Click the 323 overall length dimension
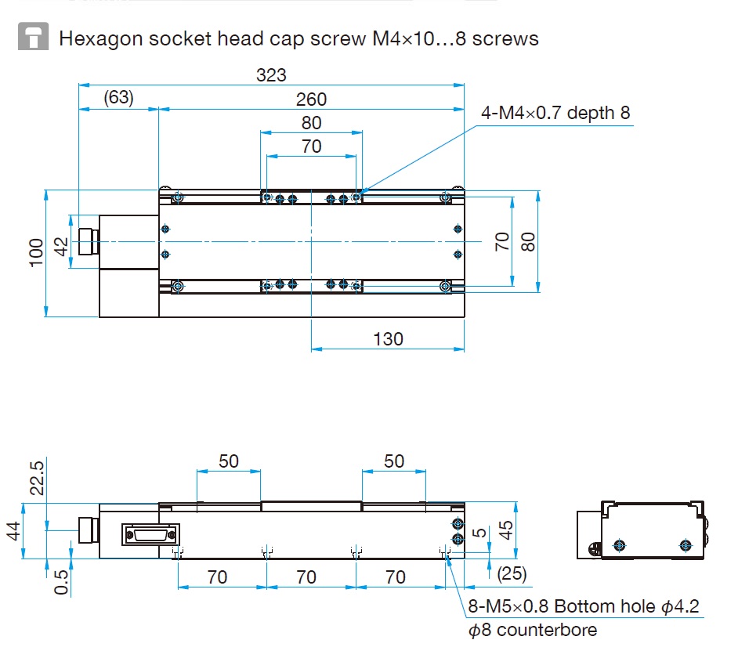(x=271, y=75)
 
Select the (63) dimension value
(x=118, y=97)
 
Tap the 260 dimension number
(x=311, y=99)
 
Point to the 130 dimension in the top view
(x=388, y=339)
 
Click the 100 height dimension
(x=36, y=253)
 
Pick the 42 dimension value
(x=61, y=247)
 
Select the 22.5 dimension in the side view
(x=37, y=478)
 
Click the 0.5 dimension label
(x=61, y=582)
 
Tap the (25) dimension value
(x=512, y=573)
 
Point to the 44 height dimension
(x=13, y=531)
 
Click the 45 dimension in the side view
(x=506, y=530)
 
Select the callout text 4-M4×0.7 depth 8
(x=555, y=113)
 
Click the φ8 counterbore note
(x=533, y=630)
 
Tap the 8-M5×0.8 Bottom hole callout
(x=584, y=606)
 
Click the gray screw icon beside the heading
(x=33, y=36)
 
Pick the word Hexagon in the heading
(x=101, y=38)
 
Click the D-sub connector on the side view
(x=150, y=535)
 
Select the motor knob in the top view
(x=88, y=241)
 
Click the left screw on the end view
(x=620, y=545)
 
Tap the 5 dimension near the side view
(x=479, y=533)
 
